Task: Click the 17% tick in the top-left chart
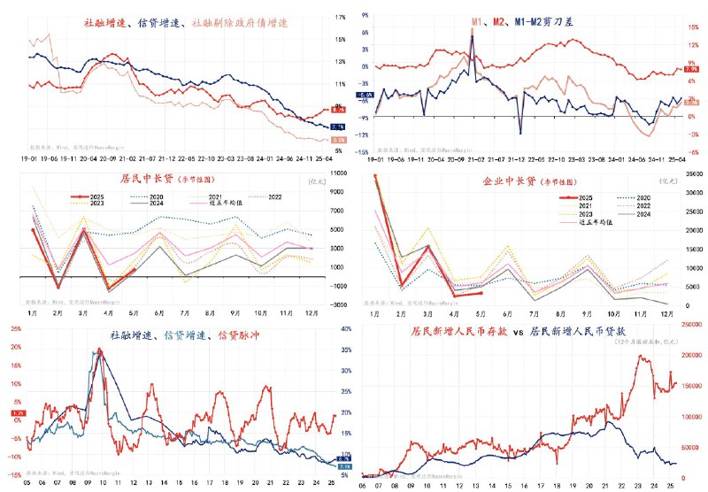[340, 17]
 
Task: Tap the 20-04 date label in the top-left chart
[87, 159]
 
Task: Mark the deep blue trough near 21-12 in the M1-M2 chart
[520, 133]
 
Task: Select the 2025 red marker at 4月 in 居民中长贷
[109, 289]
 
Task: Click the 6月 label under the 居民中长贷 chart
[158, 312]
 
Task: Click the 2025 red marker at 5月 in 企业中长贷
[480, 293]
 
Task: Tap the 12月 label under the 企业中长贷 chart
[665, 312]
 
